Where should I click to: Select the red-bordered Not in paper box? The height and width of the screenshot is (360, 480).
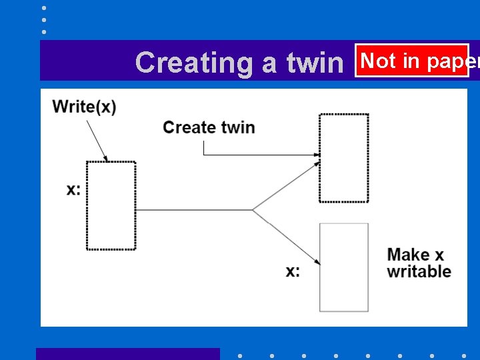pos(412,61)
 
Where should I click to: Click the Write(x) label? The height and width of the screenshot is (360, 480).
pos(84,107)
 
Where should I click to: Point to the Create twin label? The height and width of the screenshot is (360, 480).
pos(209,127)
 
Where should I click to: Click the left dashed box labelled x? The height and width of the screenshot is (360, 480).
pos(111,205)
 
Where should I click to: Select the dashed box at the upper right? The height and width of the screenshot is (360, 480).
pos(344,158)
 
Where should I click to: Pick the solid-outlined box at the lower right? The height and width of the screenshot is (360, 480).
pos(344,267)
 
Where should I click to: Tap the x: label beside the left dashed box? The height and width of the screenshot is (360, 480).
pos(73,189)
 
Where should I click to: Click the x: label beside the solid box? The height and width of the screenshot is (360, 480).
pos(293,271)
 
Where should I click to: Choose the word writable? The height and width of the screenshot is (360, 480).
pos(419,271)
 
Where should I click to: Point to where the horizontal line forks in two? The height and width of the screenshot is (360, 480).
pos(253,211)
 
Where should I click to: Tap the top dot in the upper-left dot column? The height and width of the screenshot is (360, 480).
pos(44,8)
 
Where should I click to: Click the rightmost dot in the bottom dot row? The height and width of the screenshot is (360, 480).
pos(464,355)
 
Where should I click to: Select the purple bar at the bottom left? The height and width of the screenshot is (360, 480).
pos(127,354)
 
